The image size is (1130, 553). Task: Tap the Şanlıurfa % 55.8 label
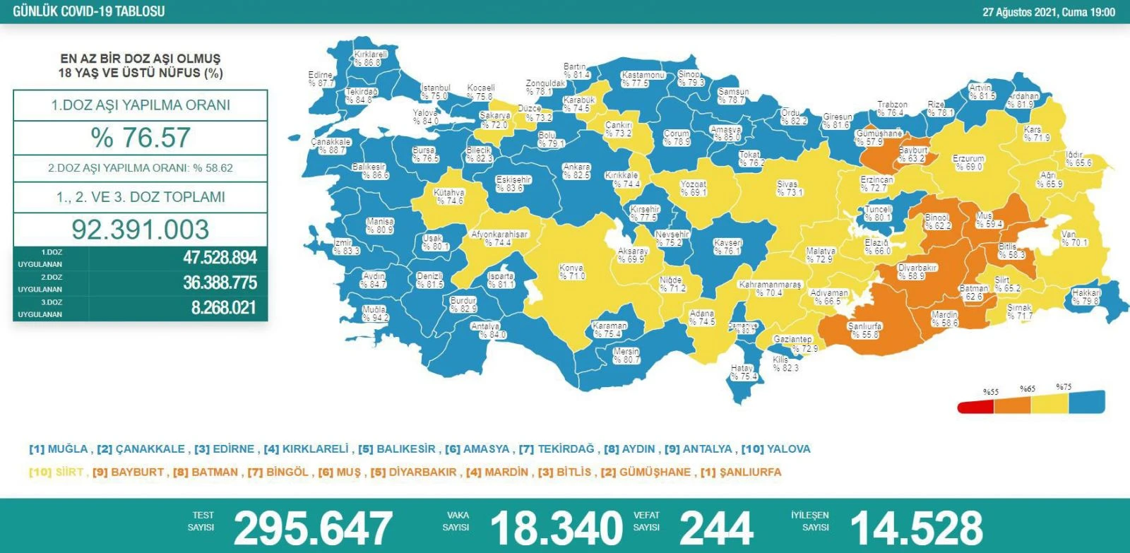coord(864,330)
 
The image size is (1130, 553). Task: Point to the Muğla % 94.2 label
coord(375,314)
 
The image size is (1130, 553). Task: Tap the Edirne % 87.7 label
coord(321,79)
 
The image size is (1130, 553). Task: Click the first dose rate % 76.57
coord(140,137)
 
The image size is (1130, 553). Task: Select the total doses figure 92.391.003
coord(140,230)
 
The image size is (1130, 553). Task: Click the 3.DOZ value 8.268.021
coord(223,308)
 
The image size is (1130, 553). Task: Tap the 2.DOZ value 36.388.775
coord(220,283)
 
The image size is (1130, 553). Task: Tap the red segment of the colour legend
coord(975,407)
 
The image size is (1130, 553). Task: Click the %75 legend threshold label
coord(1064,387)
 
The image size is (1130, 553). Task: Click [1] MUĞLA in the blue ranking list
coord(59,449)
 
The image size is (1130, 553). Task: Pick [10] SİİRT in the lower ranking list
coord(56,472)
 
